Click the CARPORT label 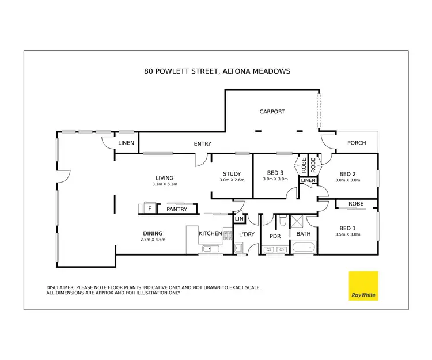272,112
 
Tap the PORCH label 356,143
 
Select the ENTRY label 202,144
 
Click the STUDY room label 232,174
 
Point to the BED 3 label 275,173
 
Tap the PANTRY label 177,210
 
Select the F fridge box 150,209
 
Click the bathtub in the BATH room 303,248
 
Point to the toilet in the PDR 281,221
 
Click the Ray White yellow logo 364,286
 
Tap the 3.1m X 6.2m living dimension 164,184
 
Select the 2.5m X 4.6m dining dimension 153,240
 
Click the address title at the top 217,71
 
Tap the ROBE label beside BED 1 356,204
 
